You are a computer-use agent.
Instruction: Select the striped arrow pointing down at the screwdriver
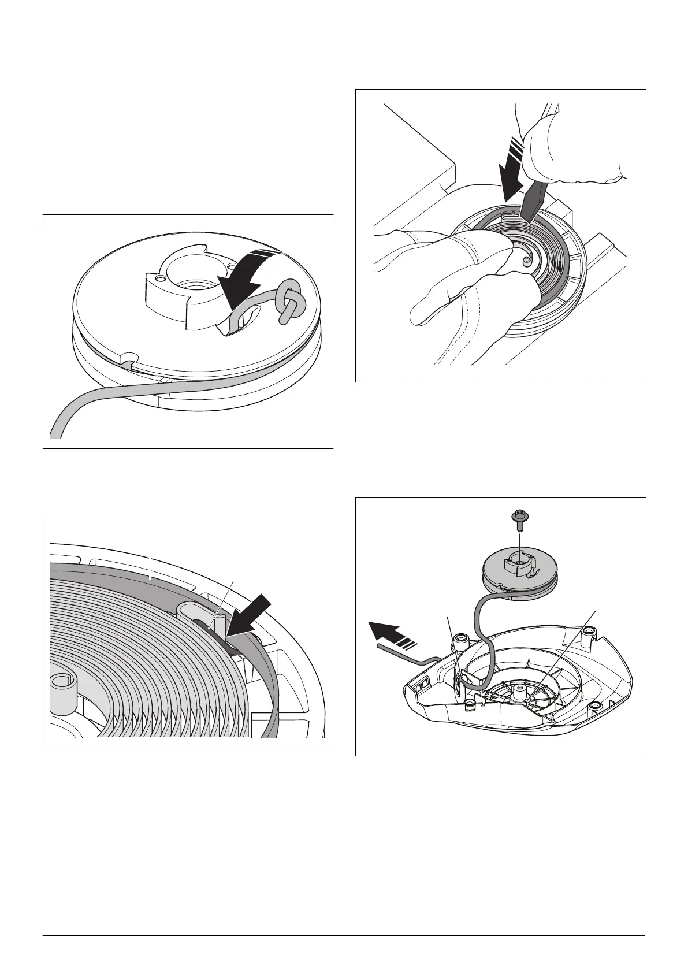(x=512, y=168)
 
